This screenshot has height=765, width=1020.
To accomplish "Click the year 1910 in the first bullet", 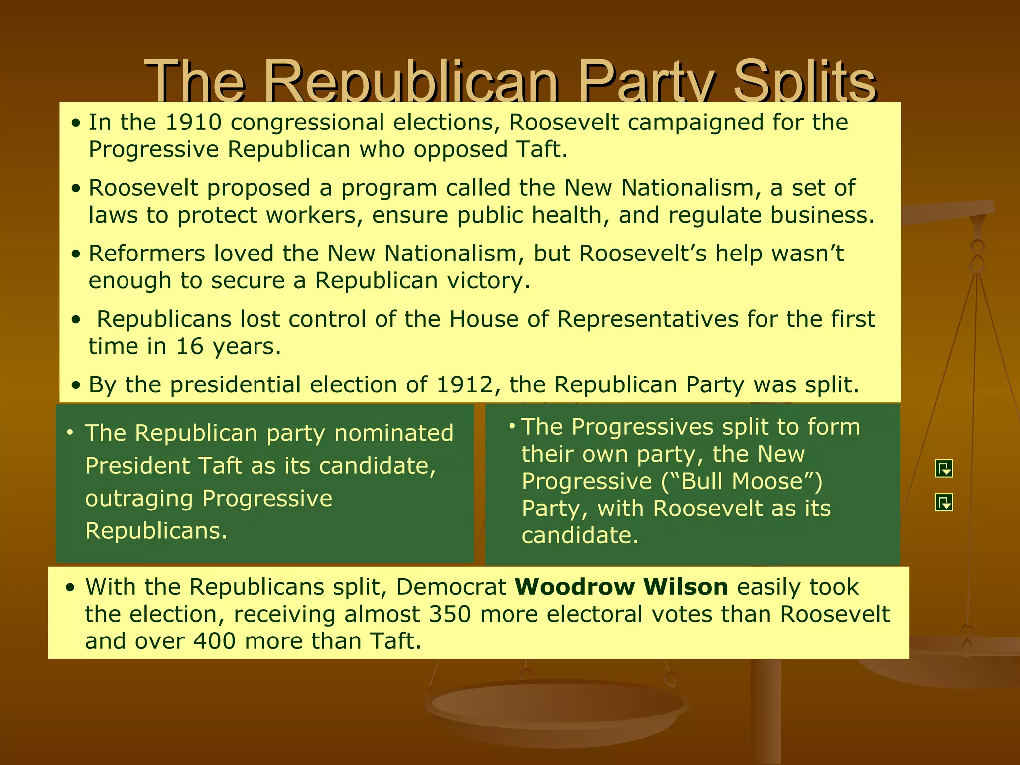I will coord(193,123).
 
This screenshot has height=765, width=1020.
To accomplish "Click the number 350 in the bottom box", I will coord(450,614).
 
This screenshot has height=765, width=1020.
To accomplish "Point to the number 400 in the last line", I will coord(214,641).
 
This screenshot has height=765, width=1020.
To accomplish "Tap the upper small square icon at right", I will coord(944,469).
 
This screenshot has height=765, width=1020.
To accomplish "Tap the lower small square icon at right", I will coord(944,503).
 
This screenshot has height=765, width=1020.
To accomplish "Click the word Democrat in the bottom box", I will coord(451,587).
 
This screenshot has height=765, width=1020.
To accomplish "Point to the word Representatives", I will coord(647,319).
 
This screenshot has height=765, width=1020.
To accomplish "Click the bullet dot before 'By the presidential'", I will coord(75,385).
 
